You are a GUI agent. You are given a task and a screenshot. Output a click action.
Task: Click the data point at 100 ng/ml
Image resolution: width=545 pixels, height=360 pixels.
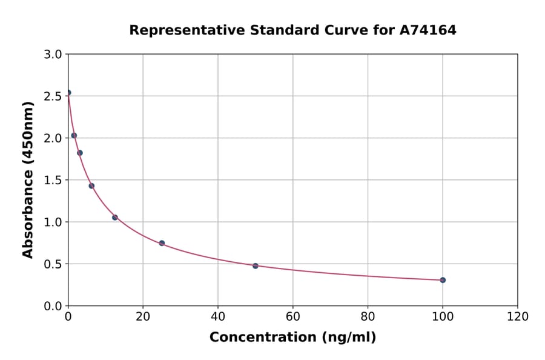pyautogui.click(x=443, y=280)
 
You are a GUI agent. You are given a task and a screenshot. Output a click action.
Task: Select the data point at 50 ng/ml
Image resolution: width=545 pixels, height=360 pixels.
pyautogui.click(x=256, y=266)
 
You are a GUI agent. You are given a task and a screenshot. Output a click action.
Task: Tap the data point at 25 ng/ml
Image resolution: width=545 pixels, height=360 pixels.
pyautogui.click(x=162, y=243)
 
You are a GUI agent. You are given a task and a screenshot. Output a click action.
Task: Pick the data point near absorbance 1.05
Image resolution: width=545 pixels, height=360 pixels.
pyautogui.click(x=115, y=218)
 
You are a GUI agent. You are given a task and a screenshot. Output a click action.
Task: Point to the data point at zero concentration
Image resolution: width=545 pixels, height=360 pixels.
pyautogui.click(x=68, y=93)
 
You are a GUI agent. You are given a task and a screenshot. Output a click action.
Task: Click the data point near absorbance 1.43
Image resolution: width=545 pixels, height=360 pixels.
pyautogui.click(x=91, y=186)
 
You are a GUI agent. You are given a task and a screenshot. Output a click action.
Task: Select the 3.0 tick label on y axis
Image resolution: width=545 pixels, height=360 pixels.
pyautogui.click(x=53, y=55)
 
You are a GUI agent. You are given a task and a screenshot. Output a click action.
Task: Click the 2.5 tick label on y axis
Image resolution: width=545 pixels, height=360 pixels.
pyautogui.click(x=53, y=96)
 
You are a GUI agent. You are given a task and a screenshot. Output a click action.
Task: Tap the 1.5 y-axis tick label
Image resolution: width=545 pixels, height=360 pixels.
pyautogui.click(x=53, y=180)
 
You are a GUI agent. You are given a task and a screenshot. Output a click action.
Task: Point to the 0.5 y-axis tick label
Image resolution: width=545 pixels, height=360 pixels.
pyautogui.click(x=53, y=264)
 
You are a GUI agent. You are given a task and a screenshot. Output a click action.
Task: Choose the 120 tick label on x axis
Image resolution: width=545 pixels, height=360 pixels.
pyautogui.click(x=518, y=316)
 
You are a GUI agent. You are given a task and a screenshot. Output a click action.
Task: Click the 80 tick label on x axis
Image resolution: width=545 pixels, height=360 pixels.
pyautogui.click(x=368, y=316)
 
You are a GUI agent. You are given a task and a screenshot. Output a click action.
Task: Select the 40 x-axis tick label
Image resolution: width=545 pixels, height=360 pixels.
pyautogui.click(x=218, y=316)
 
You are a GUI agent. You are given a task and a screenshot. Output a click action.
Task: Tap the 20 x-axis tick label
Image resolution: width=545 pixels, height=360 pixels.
pyautogui.click(x=143, y=316)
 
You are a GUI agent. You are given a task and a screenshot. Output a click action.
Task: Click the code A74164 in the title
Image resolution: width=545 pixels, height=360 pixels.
pyautogui.click(x=428, y=30)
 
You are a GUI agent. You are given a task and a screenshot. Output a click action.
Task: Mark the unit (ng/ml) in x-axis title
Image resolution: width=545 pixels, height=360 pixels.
pyautogui.click(x=348, y=338)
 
